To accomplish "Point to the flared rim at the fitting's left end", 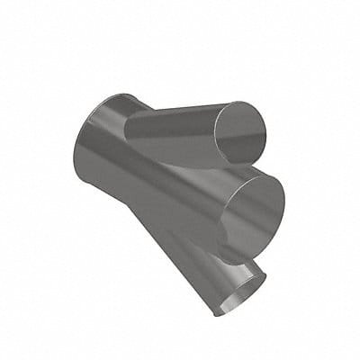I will pos(83,144).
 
